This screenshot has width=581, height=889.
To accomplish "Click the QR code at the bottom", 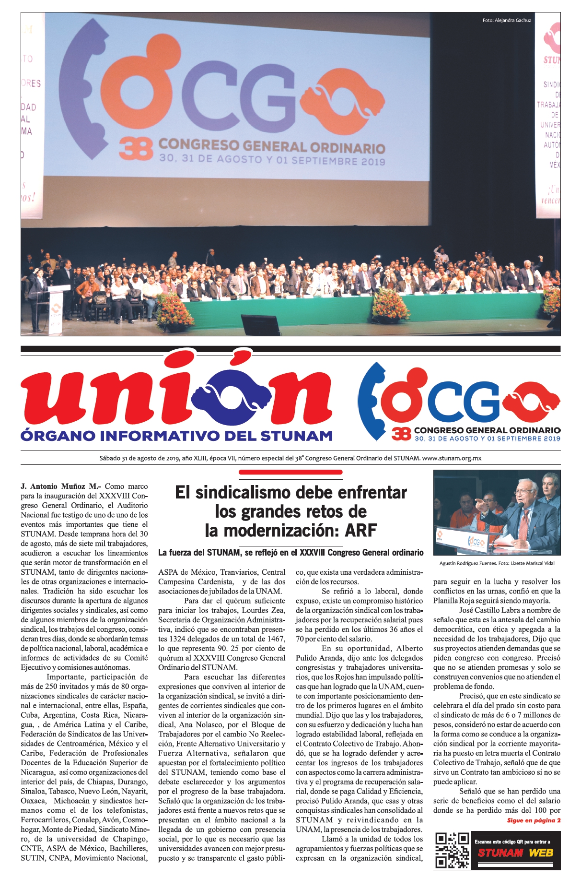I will coord(452,850).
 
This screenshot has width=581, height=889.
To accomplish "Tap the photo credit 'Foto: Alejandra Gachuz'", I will coord(506,20).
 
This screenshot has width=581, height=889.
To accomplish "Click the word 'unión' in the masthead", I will coord(175,396).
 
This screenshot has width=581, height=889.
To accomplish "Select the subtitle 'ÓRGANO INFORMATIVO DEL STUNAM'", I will coord(176,436).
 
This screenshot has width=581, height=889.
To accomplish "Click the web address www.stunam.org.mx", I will coord(452,458).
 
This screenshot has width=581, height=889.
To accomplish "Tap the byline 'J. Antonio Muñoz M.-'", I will coord(61,486).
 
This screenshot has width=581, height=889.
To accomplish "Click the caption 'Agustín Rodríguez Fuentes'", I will coord(467,563).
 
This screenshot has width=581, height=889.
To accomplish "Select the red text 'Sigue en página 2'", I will coord(534,820).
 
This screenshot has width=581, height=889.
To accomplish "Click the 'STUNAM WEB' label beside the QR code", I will coord(515,853).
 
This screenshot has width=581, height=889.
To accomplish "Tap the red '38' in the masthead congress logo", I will coord(401,434).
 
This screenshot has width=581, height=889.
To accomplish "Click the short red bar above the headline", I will coord(290,472).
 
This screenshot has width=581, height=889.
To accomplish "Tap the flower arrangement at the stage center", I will coord(389,304).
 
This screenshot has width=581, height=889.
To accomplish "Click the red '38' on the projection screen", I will coord(136,148).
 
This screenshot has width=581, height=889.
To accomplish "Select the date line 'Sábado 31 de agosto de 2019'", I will coord(139,458).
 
